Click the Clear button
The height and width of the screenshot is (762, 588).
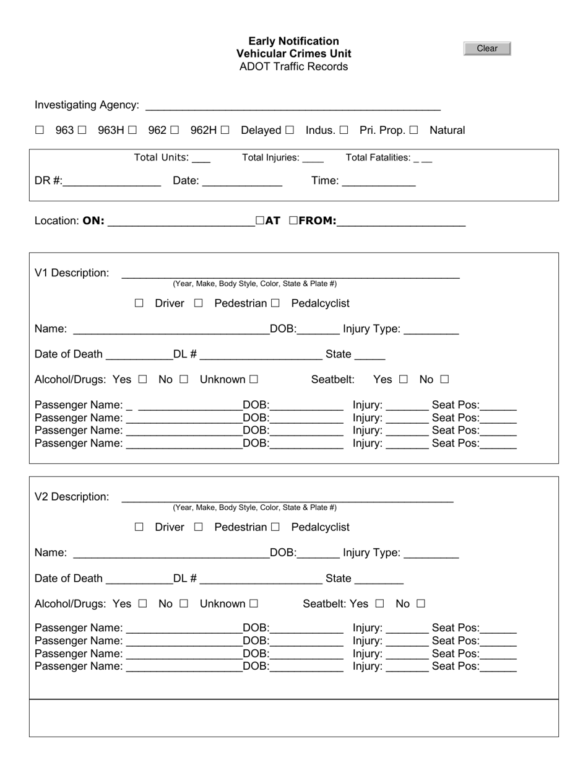(x=487, y=49)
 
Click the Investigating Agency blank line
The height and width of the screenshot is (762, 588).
(x=292, y=106)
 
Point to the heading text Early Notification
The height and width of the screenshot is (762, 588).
(x=293, y=41)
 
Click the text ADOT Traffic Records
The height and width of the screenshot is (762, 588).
(x=293, y=67)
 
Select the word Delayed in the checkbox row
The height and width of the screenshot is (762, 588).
(x=261, y=130)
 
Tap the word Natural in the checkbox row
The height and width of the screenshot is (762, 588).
(x=447, y=130)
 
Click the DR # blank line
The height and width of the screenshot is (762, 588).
(x=111, y=182)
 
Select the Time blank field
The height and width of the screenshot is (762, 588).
(x=378, y=182)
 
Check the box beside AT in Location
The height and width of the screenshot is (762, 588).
(x=260, y=220)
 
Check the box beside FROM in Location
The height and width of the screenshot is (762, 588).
(x=293, y=220)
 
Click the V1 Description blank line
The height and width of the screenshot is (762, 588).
(x=290, y=274)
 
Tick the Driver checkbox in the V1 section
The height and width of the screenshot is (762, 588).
(x=139, y=304)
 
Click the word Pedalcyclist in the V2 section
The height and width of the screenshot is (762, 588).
(x=320, y=527)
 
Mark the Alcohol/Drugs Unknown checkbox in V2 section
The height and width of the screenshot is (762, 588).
(x=253, y=603)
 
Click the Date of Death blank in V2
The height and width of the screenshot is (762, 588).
(x=139, y=579)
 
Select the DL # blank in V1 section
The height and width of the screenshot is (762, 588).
(x=261, y=355)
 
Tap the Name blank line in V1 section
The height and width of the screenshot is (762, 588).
(x=171, y=330)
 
